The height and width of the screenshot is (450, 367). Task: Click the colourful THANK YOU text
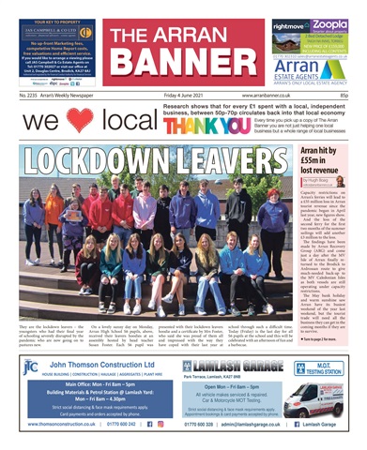pyautogui.click(x=187, y=127)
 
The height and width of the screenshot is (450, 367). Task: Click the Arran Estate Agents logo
pyautogui.click(x=314, y=67)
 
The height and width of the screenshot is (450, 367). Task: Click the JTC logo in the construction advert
pyautogui.click(x=31, y=367)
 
